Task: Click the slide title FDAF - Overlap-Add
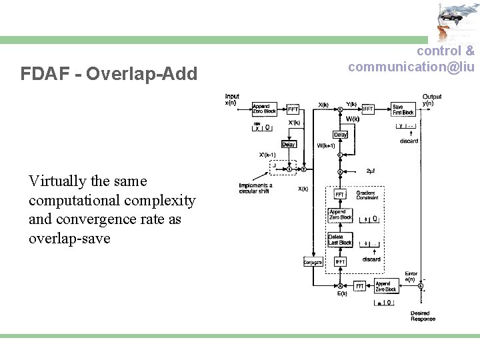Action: (x=109, y=73)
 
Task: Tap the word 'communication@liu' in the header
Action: (x=411, y=67)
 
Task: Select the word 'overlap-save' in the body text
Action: (x=69, y=238)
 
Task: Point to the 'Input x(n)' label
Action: (x=231, y=99)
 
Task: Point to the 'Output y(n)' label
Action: (x=431, y=99)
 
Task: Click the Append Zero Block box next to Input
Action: (x=264, y=109)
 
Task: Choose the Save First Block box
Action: (x=403, y=109)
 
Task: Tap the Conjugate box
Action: (x=313, y=263)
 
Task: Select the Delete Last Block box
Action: (x=339, y=239)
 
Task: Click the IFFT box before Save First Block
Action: (x=367, y=109)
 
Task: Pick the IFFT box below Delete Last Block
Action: (x=339, y=262)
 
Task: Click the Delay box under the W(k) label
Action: (x=340, y=135)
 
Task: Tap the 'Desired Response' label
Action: (x=423, y=316)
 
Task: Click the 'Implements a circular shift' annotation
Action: (x=255, y=188)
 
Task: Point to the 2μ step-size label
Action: (x=371, y=171)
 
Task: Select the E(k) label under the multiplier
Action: (x=341, y=294)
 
